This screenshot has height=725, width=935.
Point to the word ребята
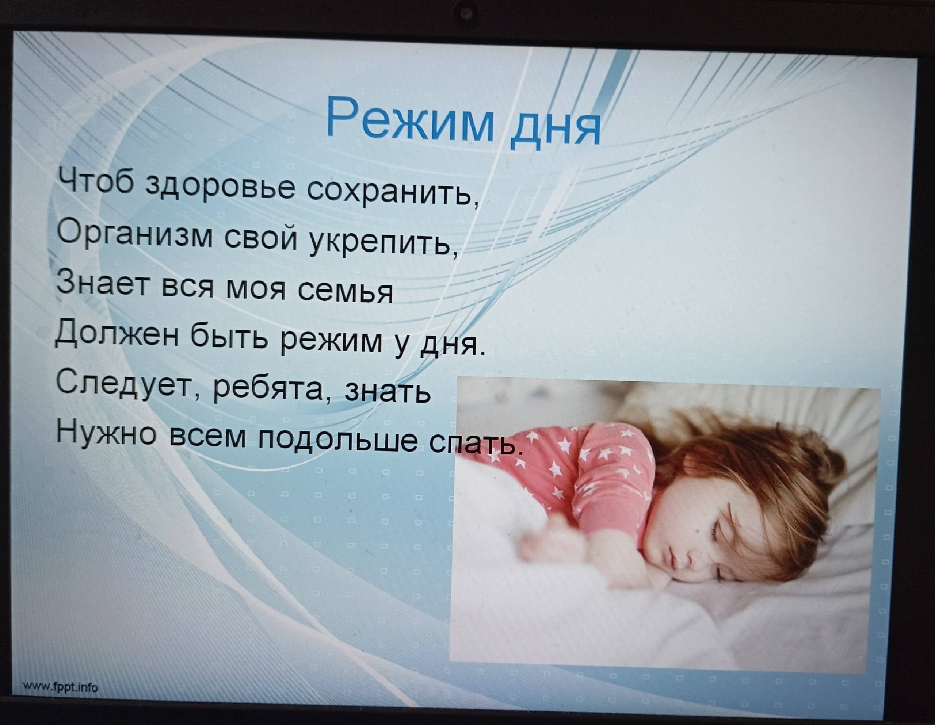tap(273, 388)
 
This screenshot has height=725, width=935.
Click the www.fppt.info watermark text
tap(60, 687)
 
